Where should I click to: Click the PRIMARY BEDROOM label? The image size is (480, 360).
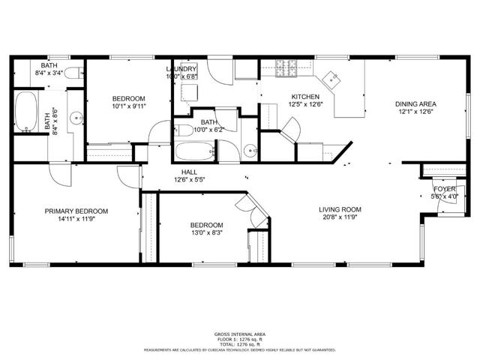(76, 211)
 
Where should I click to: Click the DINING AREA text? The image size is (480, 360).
(416, 104)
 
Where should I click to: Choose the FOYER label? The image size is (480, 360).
(445, 189)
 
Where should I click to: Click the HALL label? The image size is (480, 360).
(190, 172)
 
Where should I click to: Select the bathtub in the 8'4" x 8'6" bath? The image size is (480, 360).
(26, 112)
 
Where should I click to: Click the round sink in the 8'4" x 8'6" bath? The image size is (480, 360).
(76, 118)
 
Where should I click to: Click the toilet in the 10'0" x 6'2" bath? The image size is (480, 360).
(185, 130)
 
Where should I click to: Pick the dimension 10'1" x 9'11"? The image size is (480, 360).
(129, 106)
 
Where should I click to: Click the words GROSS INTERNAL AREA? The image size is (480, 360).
(239, 334)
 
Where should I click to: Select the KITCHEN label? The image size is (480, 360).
(305, 97)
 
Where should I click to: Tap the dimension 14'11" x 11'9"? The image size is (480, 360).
(76, 220)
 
